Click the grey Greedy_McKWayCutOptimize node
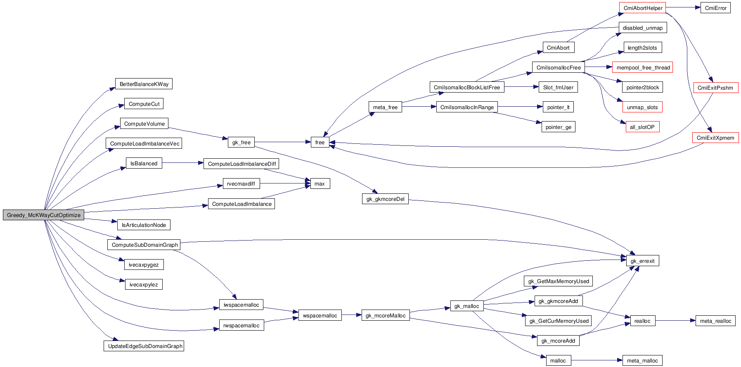click(x=43, y=215)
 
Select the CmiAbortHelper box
click(x=642, y=8)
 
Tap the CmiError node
click(x=715, y=8)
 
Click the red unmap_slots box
click(x=642, y=107)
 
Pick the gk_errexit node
click(x=642, y=261)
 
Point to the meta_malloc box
click(x=642, y=361)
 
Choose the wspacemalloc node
click(x=320, y=316)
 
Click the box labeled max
click(x=320, y=184)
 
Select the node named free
click(x=320, y=143)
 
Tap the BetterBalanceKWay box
click(x=144, y=84)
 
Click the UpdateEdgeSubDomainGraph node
click(x=144, y=346)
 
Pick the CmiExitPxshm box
click(x=715, y=88)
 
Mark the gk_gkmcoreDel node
click(x=385, y=199)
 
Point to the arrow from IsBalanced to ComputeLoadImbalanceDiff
click(x=182, y=163)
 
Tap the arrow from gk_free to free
click(x=282, y=142)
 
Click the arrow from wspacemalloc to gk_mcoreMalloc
click(x=351, y=315)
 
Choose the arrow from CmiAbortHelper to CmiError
click(x=683, y=7)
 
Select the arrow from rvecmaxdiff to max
click(x=285, y=183)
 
